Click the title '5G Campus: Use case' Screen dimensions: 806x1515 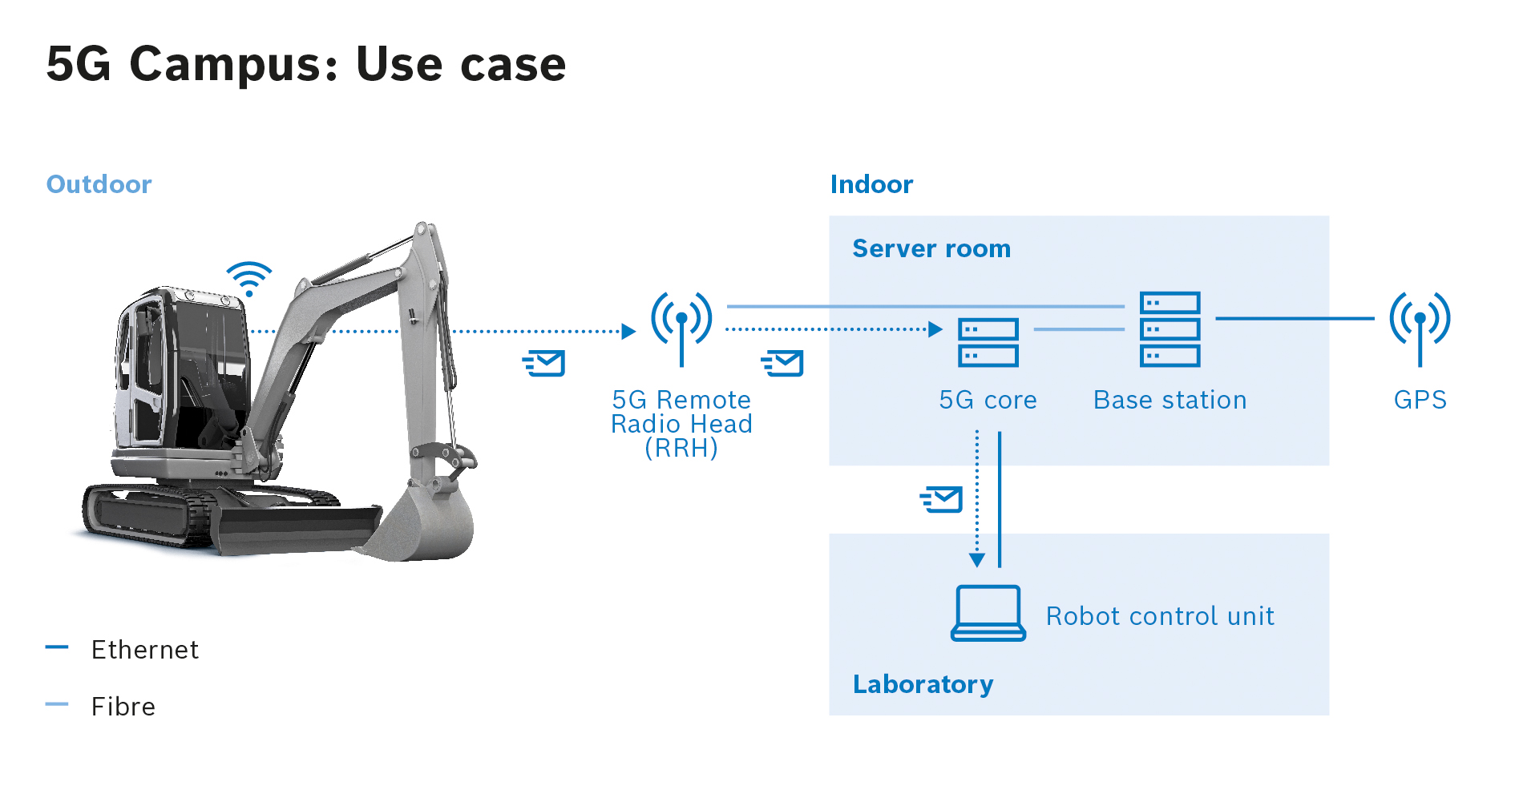coord(306,64)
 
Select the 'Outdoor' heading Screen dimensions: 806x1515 coord(99,184)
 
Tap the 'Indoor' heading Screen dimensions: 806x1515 coord(871,184)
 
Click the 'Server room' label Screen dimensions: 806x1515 coord(931,248)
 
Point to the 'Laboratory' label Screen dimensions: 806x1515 coord(923,684)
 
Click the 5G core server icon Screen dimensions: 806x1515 coord(988,342)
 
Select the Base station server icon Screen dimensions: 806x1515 coord(1170,329)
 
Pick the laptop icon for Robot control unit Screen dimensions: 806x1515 coord(988,613)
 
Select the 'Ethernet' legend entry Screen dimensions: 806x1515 coord(144,649)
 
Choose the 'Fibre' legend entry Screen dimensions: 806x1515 coord(123,707)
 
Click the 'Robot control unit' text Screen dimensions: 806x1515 coord(1160,616)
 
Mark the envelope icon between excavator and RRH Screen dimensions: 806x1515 coord(544,363)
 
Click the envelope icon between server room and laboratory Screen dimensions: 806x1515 coord(942,499)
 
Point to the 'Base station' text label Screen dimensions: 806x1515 coord(1170,400)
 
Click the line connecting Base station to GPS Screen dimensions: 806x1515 coord(1295,318)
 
